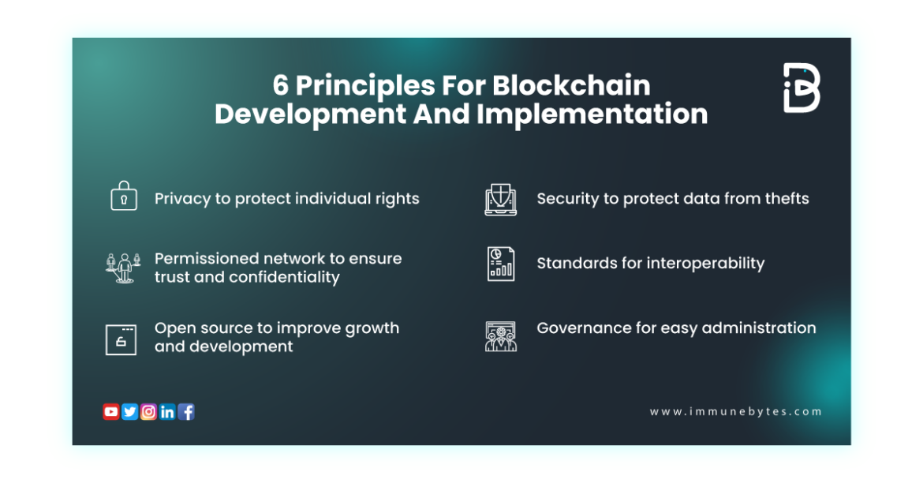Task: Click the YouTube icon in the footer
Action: click(110, 411)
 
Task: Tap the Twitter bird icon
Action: click(129, 411)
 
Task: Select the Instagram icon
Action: click(148, 411)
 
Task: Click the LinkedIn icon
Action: click(167, 411)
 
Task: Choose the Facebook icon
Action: click(186, 411)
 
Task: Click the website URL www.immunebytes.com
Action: click(735, 411)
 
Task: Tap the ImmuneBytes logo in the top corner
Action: click(802, 88)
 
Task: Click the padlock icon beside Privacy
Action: click(123, 197)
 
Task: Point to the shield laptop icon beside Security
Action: click(500, 200)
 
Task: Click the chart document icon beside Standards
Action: click(500, 264)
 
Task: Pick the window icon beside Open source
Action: click(121, 339)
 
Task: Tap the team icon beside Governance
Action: click(500, 336)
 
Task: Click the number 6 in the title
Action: click(280, 85)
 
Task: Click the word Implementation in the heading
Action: click(592, 114)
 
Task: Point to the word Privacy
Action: click(183, 199)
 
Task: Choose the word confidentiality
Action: click(284, 277)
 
